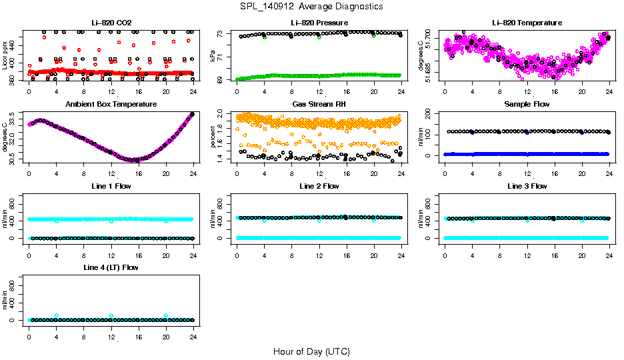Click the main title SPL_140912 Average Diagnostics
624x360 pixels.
point(312,6)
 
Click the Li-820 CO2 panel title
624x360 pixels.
point(111,23)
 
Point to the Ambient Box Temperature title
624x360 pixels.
point(111,105)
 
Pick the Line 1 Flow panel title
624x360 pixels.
point(111,186)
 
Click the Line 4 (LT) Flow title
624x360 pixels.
point(111,267)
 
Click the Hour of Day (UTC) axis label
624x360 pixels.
point(311,351)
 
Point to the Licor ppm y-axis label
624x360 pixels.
point(5,56)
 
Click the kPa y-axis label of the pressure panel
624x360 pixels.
point(213,56)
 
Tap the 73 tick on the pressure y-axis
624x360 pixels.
point(223,33)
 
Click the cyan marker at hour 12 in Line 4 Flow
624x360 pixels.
point(111,315)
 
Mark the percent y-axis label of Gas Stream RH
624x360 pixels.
point(213,137)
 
